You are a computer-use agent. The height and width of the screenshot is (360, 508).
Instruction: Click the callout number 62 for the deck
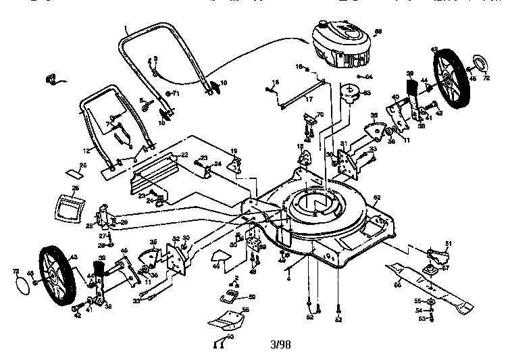377,197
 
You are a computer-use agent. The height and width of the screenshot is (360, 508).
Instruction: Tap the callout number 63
367,93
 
